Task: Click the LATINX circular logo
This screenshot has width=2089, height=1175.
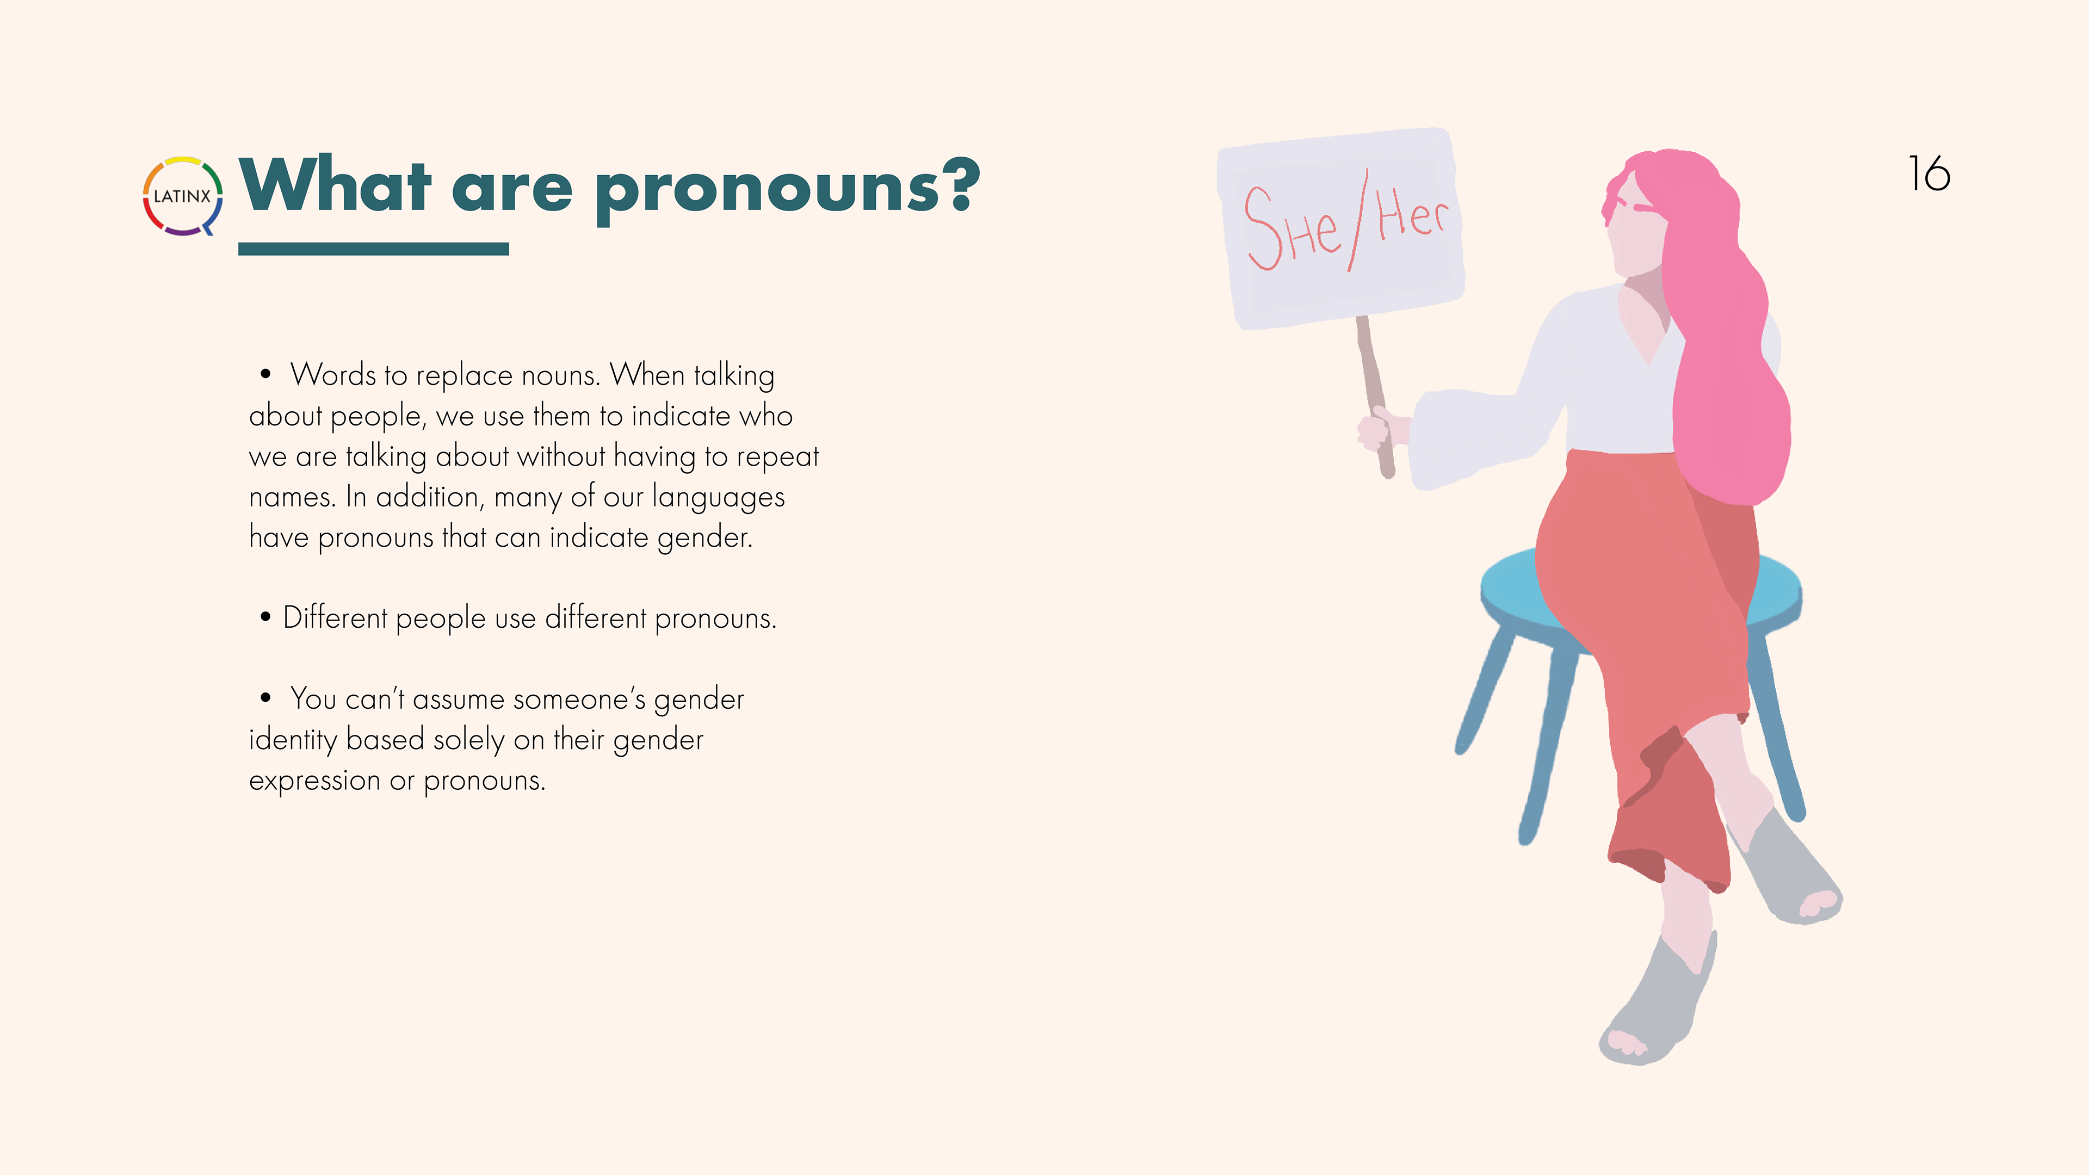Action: pos(182,196)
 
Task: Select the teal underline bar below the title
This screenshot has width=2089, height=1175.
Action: pos(374,249)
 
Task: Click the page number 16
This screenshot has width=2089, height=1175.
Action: pos(1929,174)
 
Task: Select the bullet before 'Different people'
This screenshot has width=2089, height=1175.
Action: pos(265,617)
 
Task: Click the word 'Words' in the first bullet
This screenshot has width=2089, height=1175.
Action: pos(333,375)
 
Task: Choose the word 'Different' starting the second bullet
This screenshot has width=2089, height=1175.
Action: pos(335,618)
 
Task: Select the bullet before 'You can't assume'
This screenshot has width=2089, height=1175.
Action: pos(265,697)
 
